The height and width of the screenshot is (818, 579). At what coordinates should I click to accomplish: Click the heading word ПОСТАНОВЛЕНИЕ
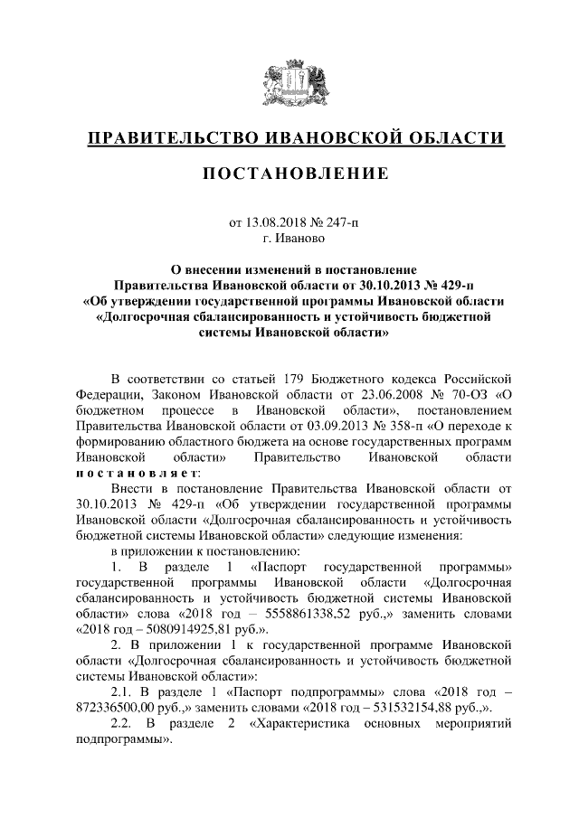click(x=289, y=173)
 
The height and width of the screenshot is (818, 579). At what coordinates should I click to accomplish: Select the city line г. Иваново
click(x=289, y=239)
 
